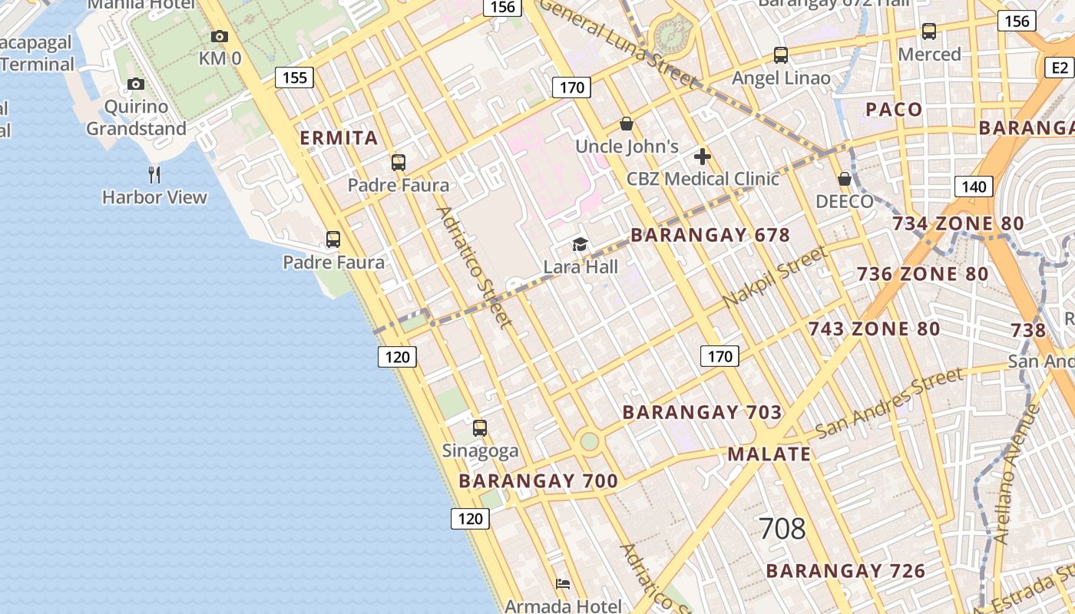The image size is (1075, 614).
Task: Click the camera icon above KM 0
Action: [x=219, y=36]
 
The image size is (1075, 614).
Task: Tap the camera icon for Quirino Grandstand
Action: [x=136, y=84]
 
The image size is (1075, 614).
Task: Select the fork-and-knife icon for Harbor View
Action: [x=154, y=174]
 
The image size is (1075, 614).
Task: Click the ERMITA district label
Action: [x=339, y=138]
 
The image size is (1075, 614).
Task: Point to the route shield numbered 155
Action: [x=295, y=77]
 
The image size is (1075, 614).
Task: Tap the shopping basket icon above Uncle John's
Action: [x=627, y=124]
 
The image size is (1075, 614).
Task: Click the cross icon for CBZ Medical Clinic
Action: [x=702, y=157]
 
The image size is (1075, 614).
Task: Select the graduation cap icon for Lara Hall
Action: [x=580, y=245]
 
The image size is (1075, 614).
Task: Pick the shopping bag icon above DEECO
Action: [x=845, y=179]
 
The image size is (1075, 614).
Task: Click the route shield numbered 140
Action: [x=974, y=187]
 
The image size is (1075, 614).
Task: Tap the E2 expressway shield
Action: [x=1060, y=68]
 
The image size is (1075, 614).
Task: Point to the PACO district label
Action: [x=894, y=110]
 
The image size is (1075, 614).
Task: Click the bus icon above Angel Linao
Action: [x=781, y=55]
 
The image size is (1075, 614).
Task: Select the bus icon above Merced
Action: [x=929, y=31]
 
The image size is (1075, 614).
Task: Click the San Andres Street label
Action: [x=889, y=402]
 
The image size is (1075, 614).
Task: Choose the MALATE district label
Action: [x=769, y=454]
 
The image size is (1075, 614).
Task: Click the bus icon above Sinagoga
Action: [x=480, y=428]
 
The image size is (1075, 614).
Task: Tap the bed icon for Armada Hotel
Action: [x=563, y=584]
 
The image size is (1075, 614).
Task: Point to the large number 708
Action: [x=782, y=529]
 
